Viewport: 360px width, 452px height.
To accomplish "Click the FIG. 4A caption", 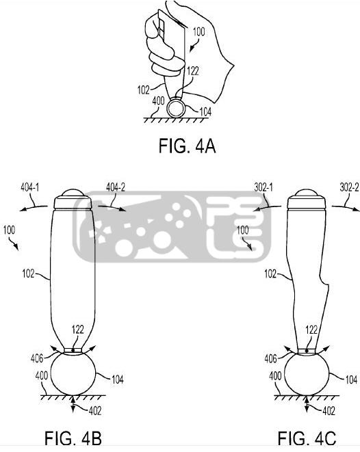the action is (x=187, y=146).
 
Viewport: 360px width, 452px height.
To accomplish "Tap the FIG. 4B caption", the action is (x=73, y=438).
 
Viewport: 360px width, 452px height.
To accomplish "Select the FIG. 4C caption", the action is (x=307, y=438).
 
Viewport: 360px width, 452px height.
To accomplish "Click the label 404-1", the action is (x=29, y=187).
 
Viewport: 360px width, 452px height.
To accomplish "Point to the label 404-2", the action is (x=116, y=187).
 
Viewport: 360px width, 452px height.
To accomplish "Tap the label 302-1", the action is (x=263, y=187).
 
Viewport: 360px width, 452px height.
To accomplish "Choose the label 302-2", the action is (x=349, y=187).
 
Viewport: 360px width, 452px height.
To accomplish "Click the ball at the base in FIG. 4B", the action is (x=73, y=374).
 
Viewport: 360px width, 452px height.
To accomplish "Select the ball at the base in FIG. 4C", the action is (x=307, y=374).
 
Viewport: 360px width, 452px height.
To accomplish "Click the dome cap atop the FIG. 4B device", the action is (x=73, y=193).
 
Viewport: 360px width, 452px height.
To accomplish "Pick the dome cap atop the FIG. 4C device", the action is (x=307, y=193).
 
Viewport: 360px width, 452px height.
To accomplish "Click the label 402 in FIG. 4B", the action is (x=95, y=411).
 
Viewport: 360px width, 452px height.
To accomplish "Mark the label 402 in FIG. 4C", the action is (x=329, y=411).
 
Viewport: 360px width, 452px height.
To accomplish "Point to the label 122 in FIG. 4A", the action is (x=193, y=71).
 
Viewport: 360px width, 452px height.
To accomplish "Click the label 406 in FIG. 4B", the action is (x=37, y=358).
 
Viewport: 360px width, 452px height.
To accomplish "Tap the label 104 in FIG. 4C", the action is (x=351, y=380).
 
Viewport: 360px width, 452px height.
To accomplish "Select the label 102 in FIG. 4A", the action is (x=143, y=90).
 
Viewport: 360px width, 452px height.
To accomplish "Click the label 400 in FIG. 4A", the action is (x=158, y=101).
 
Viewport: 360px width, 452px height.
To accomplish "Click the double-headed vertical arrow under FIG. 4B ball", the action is (x=73, y=404).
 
